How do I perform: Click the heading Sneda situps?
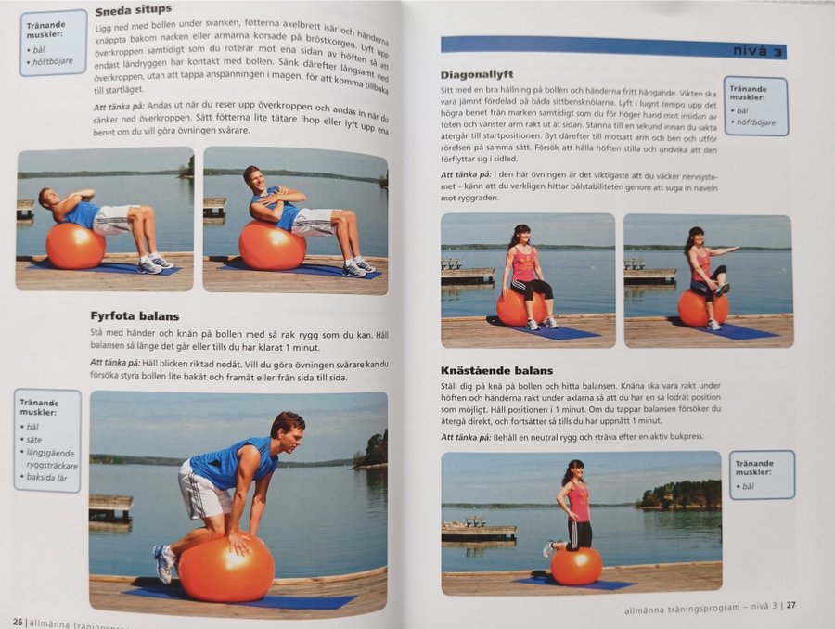pos(134,10)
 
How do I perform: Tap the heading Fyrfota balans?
pos(135,315)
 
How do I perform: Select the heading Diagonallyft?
pos(477,74)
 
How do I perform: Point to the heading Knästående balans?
pos(496,371)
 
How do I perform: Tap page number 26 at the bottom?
pos(19,623)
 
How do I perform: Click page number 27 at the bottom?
pos(791,605)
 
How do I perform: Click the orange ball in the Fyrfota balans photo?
pos(226,569)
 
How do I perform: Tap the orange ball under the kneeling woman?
pos(576,566)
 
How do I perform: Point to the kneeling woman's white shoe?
pos(548,548)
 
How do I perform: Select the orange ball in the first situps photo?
pos(76,246)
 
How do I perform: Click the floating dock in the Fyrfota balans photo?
pos(110,508)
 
